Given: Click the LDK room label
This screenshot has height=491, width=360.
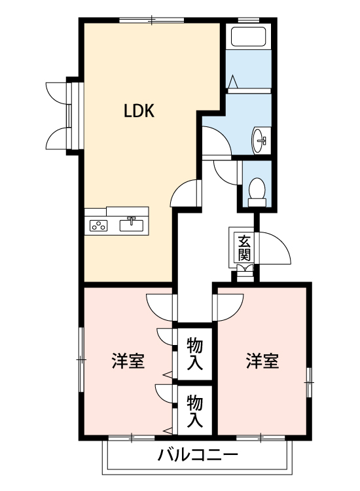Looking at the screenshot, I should (x=139, y=111).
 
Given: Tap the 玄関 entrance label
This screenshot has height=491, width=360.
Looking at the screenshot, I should (x=243, y=248).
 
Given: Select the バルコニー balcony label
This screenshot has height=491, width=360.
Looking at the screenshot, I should (x=196, y=455).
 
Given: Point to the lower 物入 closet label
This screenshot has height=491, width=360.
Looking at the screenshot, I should (x=194, y=409).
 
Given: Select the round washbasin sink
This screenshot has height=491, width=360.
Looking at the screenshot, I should (x=260, y=138).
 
